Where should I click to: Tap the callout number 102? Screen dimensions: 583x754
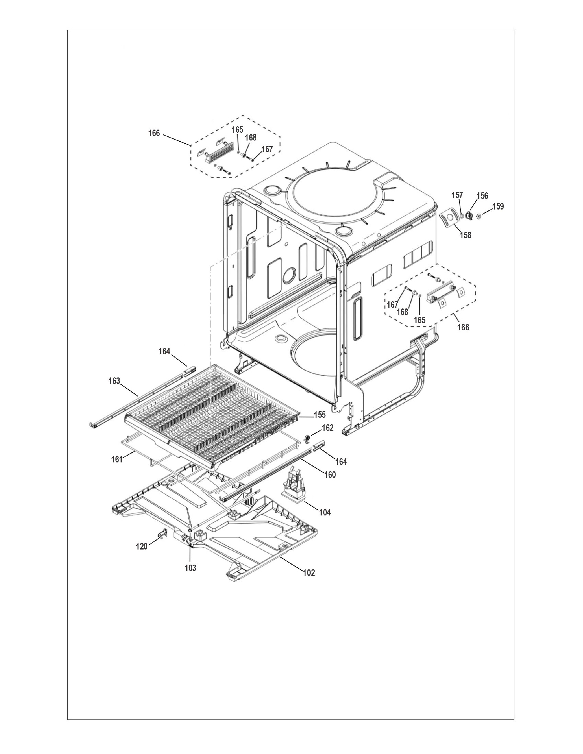click(309, 573)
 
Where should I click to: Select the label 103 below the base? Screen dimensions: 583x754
click(190, 568)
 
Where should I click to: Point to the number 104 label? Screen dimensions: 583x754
click(325, 522)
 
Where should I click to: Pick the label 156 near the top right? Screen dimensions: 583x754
click(482, 196)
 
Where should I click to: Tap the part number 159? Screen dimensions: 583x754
click(498, 207)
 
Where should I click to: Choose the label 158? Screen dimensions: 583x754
click(465, 235)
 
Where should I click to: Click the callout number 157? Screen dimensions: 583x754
click(457, 195)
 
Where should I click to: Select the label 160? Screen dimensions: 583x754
click(330, 475)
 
